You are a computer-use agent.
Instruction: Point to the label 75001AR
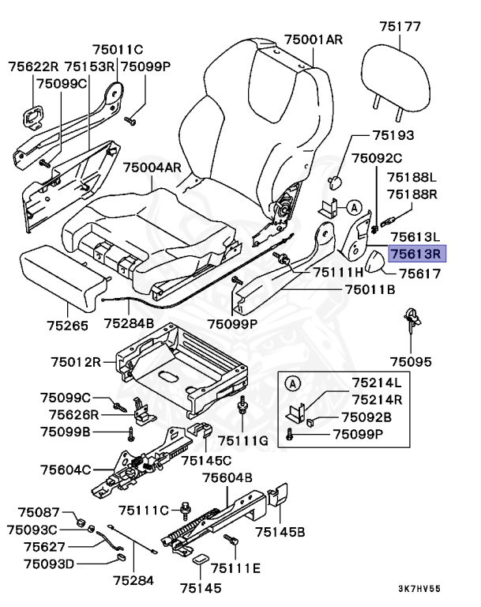[x=314, y=39]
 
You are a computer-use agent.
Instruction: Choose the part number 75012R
[x=77, y=363]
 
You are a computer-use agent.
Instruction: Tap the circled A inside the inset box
[x=291, y=384]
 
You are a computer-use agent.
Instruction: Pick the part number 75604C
[x=66, y=469]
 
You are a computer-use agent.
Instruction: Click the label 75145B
[x=280, y=531]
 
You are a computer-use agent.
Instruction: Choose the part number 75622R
[x=34, y=66]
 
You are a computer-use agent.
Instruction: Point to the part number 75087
[x=39, y=513]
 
